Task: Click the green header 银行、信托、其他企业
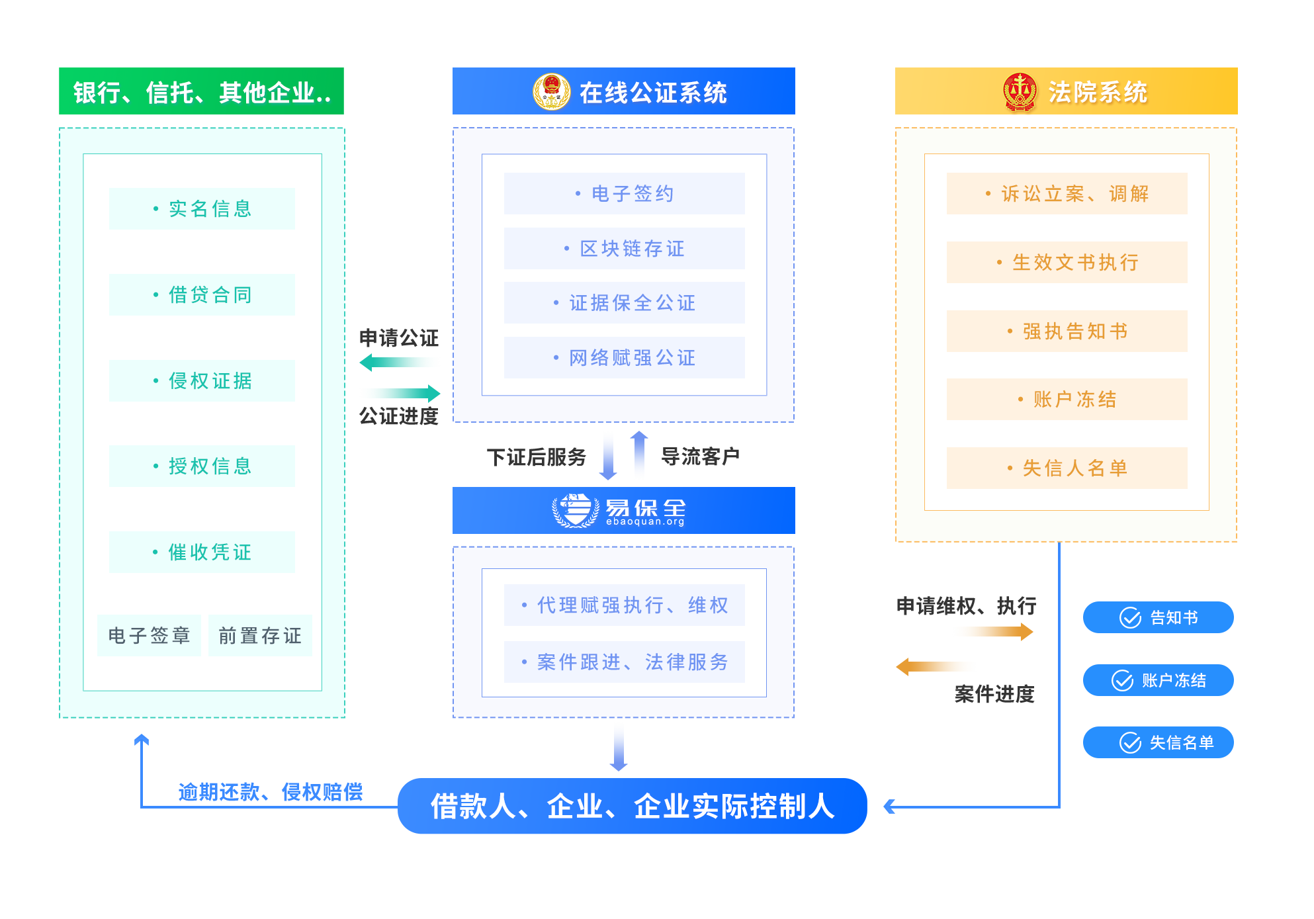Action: pos(201,91)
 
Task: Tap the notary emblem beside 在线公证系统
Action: pos(551,92)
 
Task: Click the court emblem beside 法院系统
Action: pos(1020,93)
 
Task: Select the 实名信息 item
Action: pos(202,209)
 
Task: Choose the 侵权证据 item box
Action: pos(202,381)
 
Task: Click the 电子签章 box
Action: pos(149,636)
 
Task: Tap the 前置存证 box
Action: pos(260,636)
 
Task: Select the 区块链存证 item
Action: pos(624,249)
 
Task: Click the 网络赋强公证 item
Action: pos(624,358)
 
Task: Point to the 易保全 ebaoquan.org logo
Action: pos(619,511)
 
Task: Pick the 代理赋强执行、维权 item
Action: pos(624,605)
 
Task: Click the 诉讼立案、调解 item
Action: pos(1067,194)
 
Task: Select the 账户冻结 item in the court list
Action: pos(1067,400)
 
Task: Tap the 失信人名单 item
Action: pos(1067,468)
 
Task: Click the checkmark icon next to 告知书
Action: pos(1130,618)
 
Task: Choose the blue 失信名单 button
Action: pos(1158,742)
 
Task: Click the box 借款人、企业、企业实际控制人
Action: pos(632,806)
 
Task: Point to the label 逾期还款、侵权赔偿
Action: pos(271,792)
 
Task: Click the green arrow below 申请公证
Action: pos(400,363)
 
